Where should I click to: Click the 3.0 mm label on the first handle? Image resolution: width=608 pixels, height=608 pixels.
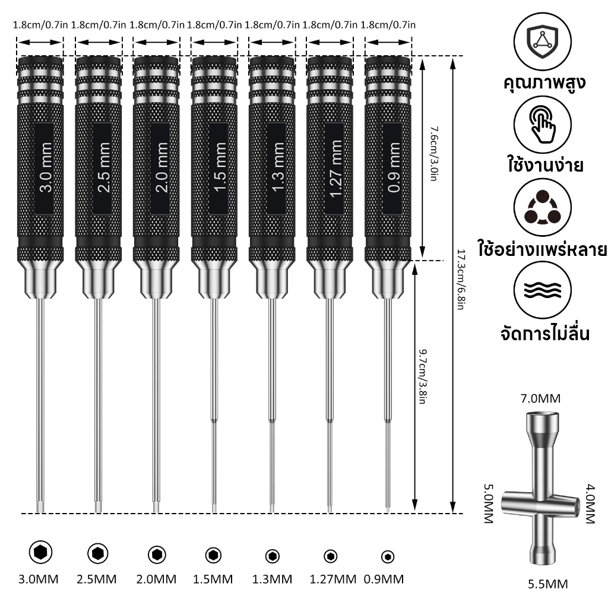(x=46, y=167)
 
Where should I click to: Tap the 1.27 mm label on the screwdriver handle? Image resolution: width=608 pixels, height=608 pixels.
(x=336, y=168)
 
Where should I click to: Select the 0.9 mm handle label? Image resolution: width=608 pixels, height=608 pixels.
(x=394, y=167)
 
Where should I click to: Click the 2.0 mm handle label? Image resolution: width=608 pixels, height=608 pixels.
(x=162, y=167)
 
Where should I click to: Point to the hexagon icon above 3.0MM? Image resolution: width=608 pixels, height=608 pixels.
(x=40, y=552)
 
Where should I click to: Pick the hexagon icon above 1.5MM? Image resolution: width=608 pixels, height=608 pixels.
(x=213, y=555)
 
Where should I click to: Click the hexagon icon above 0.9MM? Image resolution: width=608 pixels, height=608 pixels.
(x=387, y=557)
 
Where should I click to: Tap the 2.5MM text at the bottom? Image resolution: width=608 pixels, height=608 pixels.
(x=97, y=579)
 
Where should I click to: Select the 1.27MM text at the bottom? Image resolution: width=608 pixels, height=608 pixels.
(x=332, y=579)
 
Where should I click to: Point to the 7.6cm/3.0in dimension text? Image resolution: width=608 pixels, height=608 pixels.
(x=434, y=154)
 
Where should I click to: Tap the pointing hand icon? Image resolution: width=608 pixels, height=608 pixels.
(x=543, y=124)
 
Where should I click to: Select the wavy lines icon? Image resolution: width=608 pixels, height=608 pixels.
(x=543, y=290)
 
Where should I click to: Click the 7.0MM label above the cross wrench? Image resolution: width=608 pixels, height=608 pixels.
(x=540, y=398)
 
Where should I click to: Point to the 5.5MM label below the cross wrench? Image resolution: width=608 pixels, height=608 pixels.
(x=548, y=584)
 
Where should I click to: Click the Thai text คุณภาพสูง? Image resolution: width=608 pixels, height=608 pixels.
(x=544, y=83)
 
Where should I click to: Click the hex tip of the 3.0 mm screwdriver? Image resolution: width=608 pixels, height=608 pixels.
(x=40, y=506)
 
